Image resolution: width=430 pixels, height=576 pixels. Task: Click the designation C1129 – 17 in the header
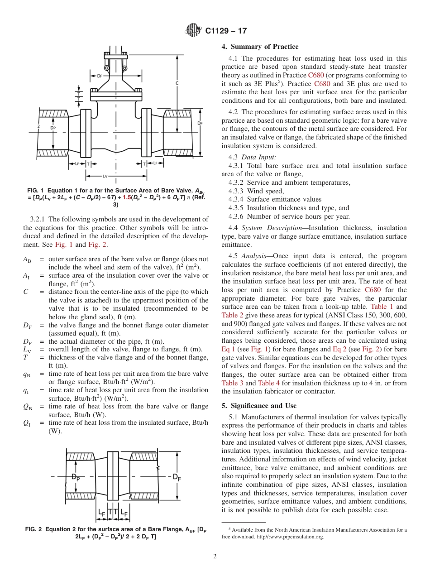(x=226, y=31)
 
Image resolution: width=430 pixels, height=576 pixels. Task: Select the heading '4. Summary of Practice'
(x=260, y=47)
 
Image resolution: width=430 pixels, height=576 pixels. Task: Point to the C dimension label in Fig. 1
(x=177, y=83)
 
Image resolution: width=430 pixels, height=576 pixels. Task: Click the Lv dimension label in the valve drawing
(x=105, y=176)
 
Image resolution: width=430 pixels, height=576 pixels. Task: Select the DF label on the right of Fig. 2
(x=177, y=477)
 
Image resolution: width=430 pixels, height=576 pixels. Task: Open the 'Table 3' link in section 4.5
(x=232, y=383)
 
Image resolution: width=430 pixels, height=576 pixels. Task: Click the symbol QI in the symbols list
(x=27, y=423)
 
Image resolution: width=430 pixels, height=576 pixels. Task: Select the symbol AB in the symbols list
(x=27, y=259)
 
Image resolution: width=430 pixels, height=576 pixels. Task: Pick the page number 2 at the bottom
(x=215, y=557)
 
